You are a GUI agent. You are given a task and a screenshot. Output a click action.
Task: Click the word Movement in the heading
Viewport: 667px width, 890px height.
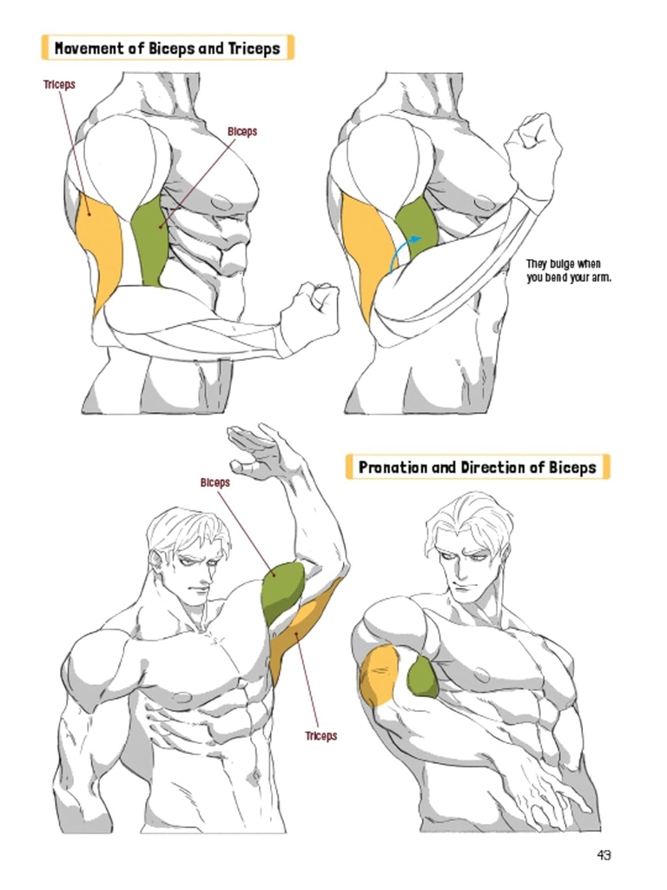point(89,48)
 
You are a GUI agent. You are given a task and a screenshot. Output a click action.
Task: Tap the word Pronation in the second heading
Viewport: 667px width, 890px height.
point(393,468)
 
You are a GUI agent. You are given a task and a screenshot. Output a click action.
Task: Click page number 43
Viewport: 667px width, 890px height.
point(604,855)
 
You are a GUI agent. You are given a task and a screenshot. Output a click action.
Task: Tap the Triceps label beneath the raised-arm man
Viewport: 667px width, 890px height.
point(320,736)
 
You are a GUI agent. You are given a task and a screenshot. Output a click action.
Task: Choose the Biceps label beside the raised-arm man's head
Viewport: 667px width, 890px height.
point(215,482)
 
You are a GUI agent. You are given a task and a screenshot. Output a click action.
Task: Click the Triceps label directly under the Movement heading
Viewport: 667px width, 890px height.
point(59,85)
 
